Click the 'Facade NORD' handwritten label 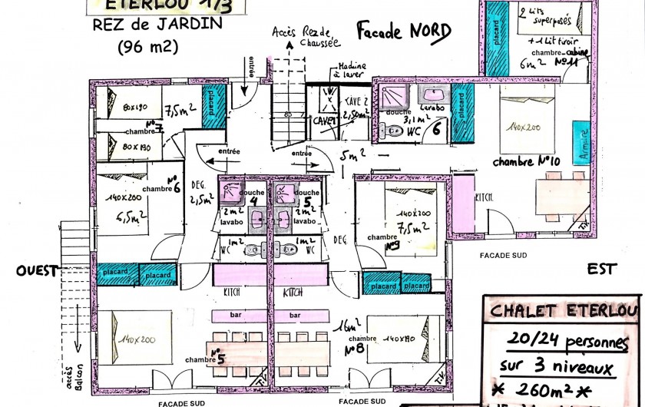(403, 31)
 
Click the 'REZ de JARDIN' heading (157, 25)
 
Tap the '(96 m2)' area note (147, 47)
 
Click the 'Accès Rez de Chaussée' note (306, 35)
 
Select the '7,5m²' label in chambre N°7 (179, 107)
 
